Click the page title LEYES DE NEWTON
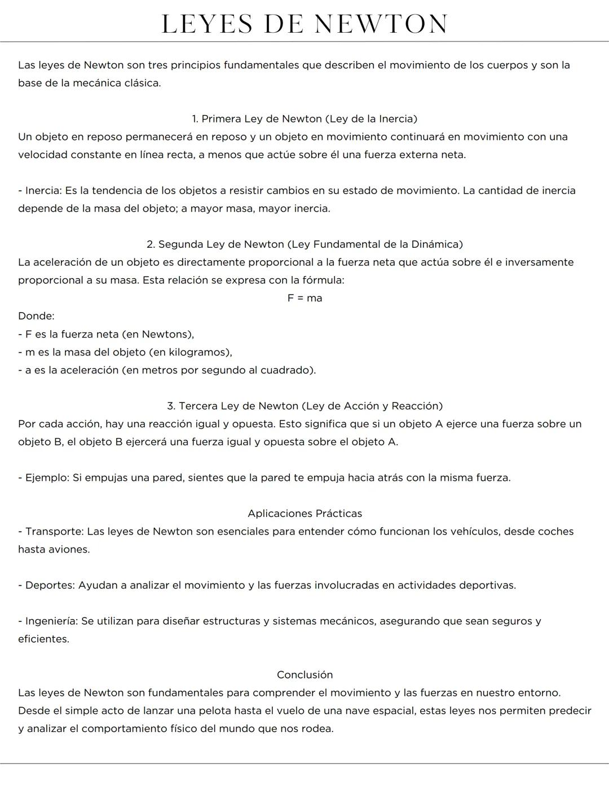(304, 24)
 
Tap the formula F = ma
(304, 298)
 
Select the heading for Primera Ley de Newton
(304, 119)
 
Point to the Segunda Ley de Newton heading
(304, 244)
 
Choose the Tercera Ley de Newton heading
(304, 406)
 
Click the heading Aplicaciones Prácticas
(304, 514)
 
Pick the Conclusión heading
(304, 675)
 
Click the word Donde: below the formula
(36, 316)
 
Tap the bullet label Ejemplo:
(47, 478)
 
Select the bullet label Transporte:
(54, 532)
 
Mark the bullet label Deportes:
(50, 585)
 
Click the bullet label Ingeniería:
(51, 621)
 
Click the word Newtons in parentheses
(166, 334)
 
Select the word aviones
(70, 550)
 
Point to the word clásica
(142, 84)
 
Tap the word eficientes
(43, 639)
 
